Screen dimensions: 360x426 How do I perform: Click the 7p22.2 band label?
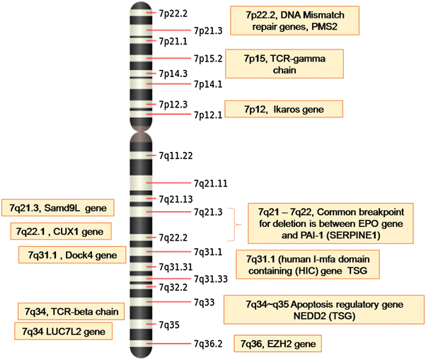pyautogui.click(x=173, y=13)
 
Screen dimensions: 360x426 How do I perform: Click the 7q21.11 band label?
pyautogui.click(x=211, y=183)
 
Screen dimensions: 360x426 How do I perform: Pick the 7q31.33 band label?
pyautogui.click(x=211, y=279)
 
